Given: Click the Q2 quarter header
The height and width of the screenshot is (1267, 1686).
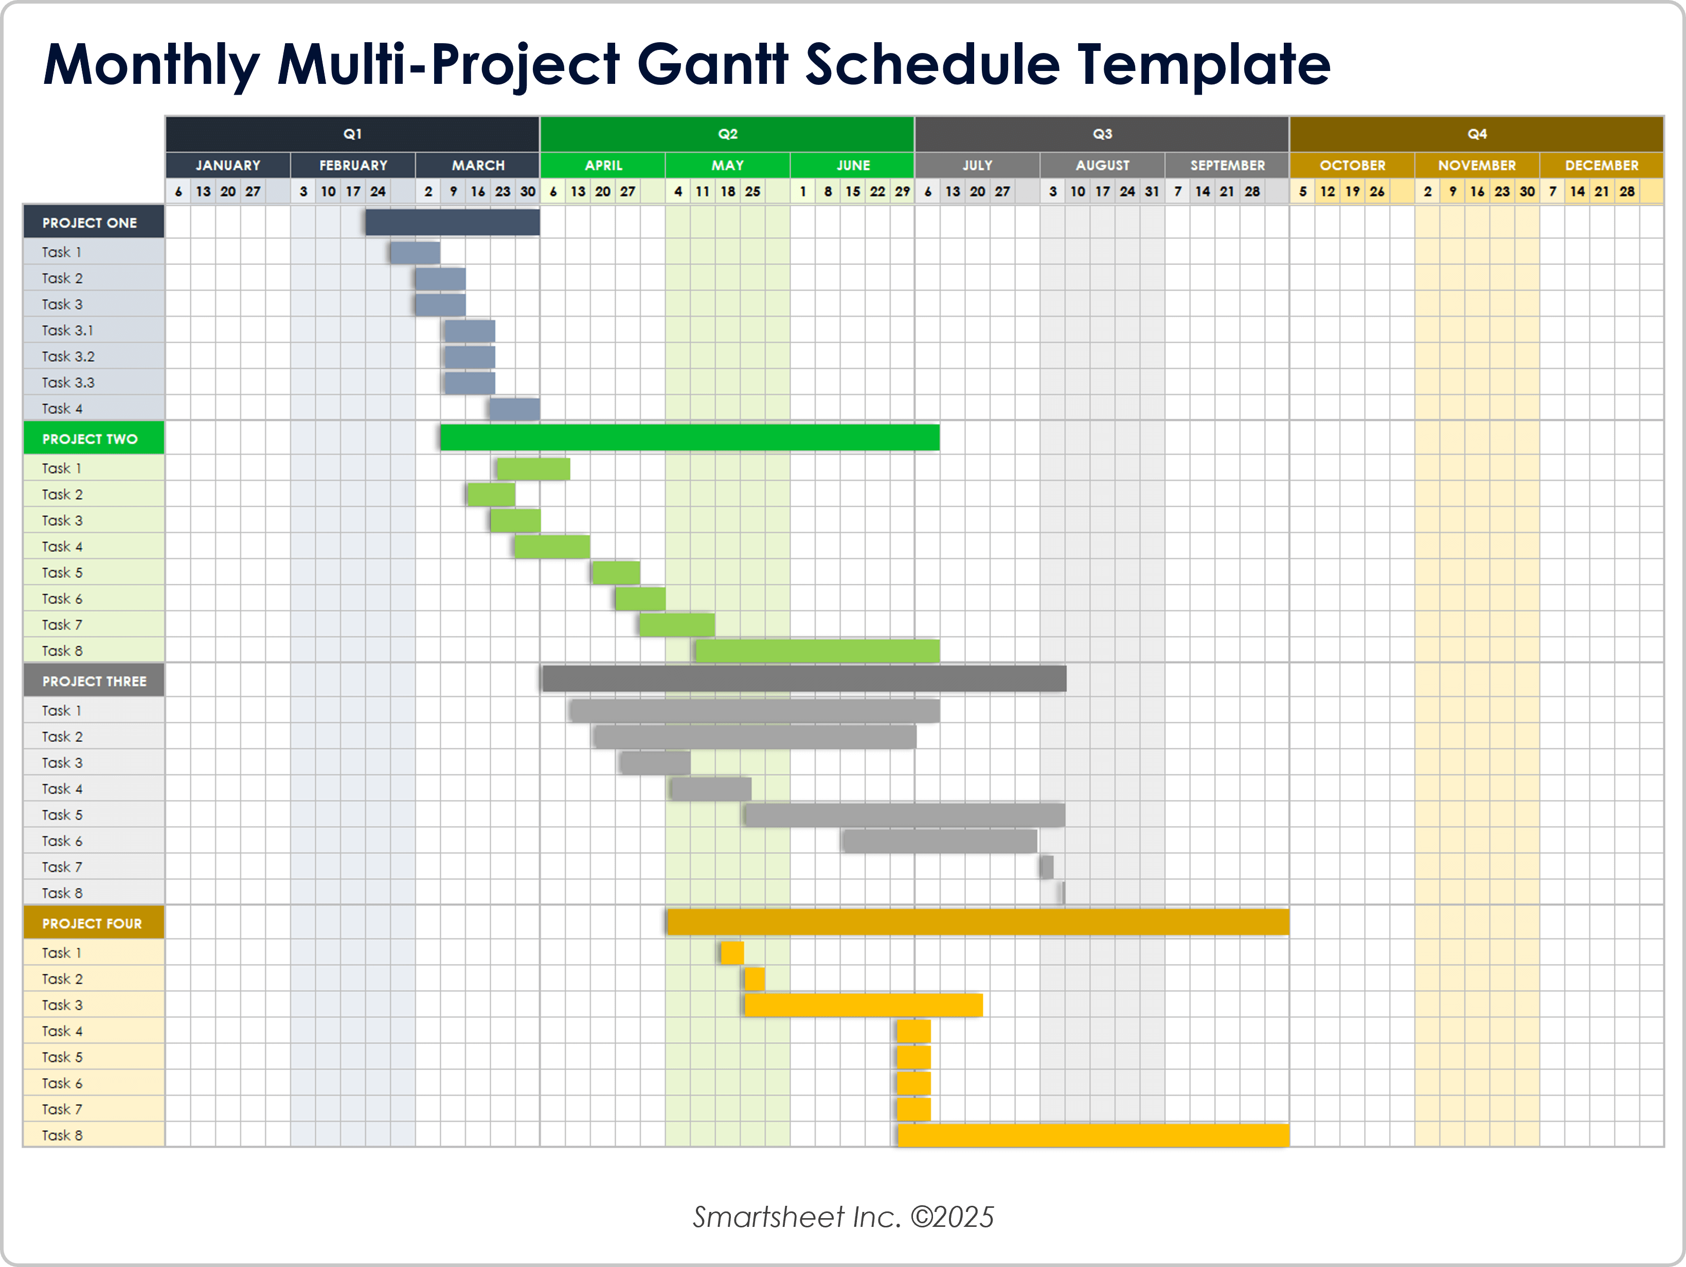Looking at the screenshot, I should click(x=727, y=134).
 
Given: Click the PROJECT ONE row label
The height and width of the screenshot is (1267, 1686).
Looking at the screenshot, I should click(x=90, y=223).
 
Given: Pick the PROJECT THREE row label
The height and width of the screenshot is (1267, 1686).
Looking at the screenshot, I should click(x=94, y=681).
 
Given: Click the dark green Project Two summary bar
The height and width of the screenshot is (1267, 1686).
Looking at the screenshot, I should click(x=689, y=438).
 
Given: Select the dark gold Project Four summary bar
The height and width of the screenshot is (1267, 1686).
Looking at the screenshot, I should click(x=977, y=922).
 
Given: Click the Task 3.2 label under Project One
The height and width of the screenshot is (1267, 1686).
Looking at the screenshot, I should click(x=68, y=356).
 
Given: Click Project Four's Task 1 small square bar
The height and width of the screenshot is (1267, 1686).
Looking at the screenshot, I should click(x=732, y=953).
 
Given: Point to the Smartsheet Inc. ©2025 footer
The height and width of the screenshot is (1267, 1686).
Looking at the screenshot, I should click(x=843, y=1217).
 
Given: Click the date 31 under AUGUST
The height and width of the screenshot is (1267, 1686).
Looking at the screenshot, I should click(x=1152, y=191).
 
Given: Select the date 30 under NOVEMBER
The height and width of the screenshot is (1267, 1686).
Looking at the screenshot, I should click(x=1527, y=191).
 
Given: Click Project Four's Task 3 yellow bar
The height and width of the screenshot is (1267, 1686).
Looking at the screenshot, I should click(x=863, y=1005).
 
